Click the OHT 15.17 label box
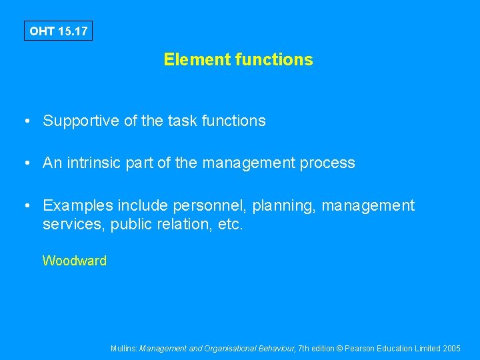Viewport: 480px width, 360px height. (x=59, y=31)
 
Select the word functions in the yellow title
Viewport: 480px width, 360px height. (x=273, y=60)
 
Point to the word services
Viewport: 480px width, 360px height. (x=69, y=225)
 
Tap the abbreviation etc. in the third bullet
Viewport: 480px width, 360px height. (x=231, y=225)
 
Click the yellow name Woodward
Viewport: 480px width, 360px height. (x=74, y=261)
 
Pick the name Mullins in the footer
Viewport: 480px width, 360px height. (x=124, y=349)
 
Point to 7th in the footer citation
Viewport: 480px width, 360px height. (x=305, y=349)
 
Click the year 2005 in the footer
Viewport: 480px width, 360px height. (x=451, y=349)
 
